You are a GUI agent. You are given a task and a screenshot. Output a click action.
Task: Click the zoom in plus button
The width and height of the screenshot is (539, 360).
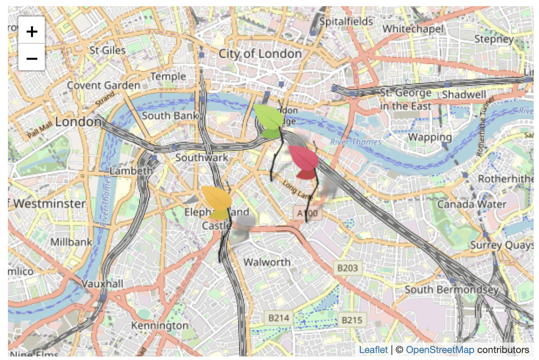click(x=32, y=31)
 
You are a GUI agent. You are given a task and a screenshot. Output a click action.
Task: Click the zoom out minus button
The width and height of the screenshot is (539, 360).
click(x=32, y=58)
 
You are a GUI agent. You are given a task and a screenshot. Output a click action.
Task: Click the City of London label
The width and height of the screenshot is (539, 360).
click(x=260, y=54)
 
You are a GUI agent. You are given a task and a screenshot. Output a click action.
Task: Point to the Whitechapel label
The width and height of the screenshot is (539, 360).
click(x=413, y=29)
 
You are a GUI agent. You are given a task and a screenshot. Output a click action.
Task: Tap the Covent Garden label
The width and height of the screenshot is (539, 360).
click(x=103, y=85)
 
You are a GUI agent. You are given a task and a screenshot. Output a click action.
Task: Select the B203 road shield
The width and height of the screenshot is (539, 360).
click(x=348, y=268)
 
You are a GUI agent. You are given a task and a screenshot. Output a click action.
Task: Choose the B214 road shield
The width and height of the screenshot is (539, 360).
click(x=279, y=318)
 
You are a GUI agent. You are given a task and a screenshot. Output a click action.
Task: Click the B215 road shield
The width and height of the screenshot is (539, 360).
click(x=352, y=320)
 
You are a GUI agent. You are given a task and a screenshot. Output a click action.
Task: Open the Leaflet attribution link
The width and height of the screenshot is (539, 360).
click(x=373, y=350)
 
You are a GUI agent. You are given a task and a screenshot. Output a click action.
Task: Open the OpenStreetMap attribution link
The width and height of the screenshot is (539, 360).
click(x=440, y=350)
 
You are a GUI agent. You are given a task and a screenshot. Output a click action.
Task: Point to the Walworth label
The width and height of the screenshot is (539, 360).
click(x=267, y=262)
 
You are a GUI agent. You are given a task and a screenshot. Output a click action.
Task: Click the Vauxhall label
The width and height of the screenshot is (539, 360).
click(x=103, y=284)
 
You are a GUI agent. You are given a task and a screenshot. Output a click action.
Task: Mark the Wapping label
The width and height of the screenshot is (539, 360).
click(x=430, y=137)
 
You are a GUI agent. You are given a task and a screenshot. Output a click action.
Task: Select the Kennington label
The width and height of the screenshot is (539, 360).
click(x=160, y=326)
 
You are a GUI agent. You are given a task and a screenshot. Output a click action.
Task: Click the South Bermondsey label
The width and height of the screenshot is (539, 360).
click(x=452, y=289)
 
